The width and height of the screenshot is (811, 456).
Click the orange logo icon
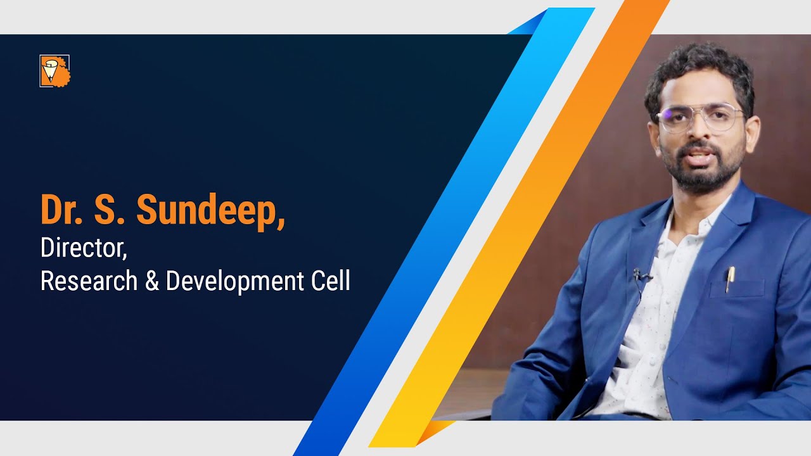pos(55,71)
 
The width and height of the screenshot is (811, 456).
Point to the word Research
pos(89,281)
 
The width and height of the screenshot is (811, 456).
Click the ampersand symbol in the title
pos(151,281)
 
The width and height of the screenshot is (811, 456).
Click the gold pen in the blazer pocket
pos(729,279)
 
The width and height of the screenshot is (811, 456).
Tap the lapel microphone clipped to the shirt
pos(639,276)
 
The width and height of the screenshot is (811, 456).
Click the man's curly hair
pos(697,70)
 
